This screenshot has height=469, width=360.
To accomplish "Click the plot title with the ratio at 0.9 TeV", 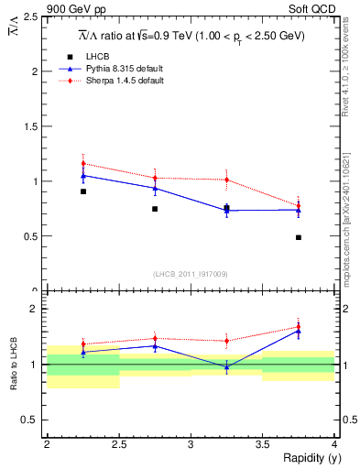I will click(191, 35).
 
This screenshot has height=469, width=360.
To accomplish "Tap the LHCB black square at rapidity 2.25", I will click(83, 191).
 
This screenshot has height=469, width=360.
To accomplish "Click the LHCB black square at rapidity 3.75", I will click(299, 237).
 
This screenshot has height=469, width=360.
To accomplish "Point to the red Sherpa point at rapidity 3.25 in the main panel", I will click(226, 180).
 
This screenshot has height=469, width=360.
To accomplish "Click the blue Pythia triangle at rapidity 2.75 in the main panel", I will click(155, 188).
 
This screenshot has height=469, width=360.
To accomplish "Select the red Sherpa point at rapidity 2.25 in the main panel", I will click(83, 164).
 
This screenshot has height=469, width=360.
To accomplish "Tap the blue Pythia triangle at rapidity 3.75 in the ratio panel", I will click(299, 331).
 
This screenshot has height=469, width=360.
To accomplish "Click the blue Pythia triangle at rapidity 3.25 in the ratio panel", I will click(226, 365).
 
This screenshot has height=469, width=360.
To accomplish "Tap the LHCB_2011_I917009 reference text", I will click(191, 273).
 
